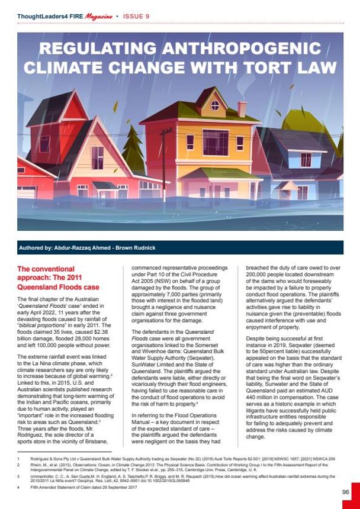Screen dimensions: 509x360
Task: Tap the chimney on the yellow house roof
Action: pyautogui.click(x=242, y=109)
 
